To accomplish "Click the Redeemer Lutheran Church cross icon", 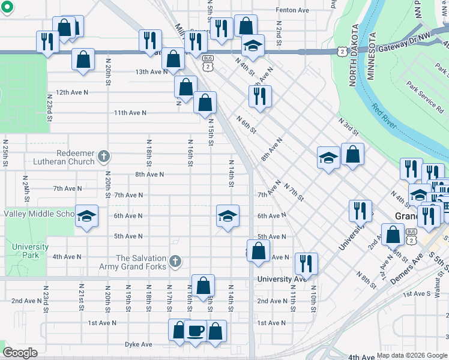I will [x=103, y=157].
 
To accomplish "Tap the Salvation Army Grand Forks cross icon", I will [x=175, y=261].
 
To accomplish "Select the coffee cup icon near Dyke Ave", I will [x=196, y=331].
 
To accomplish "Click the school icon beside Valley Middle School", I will [x=86, y=214].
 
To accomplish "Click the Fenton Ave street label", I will [x=292, y=10].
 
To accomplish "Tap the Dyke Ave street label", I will [x=139, y=344].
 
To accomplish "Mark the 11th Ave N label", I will [x=130, y=112].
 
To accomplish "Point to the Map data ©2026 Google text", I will [x=412, y=355].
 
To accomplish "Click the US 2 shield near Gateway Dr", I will [x=341, y=52].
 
